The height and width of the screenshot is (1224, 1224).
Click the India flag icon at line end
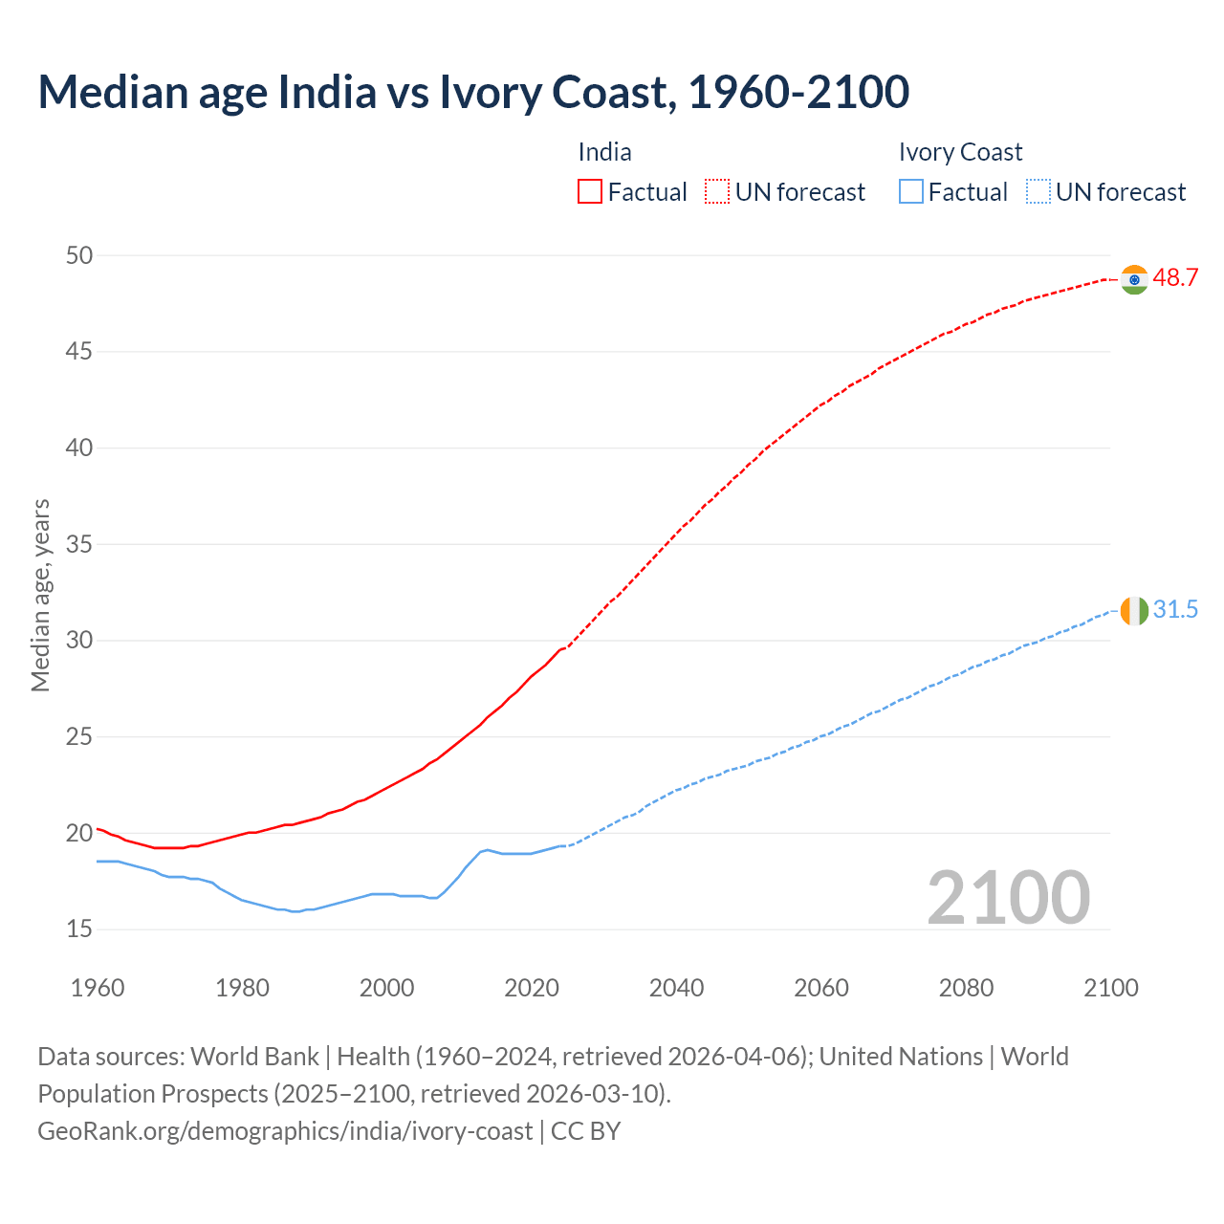1134,279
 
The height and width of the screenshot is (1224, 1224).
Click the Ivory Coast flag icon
1134,610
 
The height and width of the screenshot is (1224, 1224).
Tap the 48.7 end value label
1175,278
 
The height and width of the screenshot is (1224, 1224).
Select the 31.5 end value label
1175,610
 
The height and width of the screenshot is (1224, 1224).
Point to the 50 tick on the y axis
79,255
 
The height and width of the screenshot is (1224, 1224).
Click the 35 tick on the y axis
79,545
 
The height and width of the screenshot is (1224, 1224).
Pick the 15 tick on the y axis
79,929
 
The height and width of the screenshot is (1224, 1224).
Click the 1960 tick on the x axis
98,988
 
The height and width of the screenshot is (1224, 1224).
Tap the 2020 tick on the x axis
532,988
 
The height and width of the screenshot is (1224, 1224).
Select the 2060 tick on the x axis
821,988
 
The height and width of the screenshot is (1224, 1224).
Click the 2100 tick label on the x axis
1110,988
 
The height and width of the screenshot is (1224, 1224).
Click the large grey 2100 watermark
1008,897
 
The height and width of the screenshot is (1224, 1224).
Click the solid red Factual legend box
590,192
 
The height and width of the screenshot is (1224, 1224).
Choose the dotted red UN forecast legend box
717,192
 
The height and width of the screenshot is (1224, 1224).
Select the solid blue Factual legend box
911,192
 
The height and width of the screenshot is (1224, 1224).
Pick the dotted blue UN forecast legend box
1038,192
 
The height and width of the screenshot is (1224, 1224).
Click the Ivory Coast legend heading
960,152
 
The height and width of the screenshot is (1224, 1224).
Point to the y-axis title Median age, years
40,595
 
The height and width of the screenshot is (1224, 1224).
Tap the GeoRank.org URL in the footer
285,1131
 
